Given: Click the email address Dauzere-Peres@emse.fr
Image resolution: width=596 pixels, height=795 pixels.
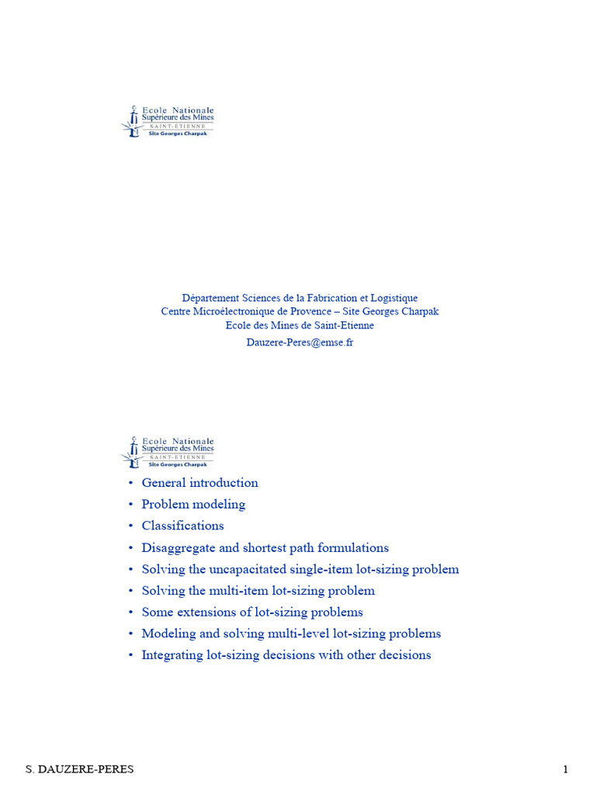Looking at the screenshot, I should [x=300, y=342].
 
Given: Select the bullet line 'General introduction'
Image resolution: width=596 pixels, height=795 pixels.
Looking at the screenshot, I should [x=199, y=483].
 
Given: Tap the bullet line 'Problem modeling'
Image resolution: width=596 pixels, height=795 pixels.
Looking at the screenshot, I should [x=193, y=505].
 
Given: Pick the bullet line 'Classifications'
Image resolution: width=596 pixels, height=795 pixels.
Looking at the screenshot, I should [x=182, y=526].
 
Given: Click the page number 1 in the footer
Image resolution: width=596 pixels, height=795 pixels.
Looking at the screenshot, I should [x=566, y=769].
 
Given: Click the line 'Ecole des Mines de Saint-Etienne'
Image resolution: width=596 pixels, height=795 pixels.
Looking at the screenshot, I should [x=300, y=325].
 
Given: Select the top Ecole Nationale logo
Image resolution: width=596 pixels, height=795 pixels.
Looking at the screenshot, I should [x=168, y=122].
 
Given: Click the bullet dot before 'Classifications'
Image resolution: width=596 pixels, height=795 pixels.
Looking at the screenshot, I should [x=130, y=526].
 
